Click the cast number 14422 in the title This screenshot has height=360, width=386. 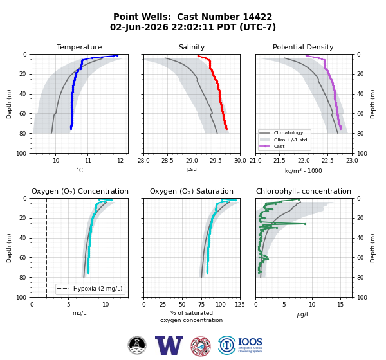tap(257, 17)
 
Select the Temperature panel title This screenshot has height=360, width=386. tap(79, 47)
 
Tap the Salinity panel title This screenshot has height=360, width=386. tap(192, 47)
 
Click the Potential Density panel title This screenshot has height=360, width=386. tap(303, 47)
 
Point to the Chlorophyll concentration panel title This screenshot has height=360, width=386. tap(303, 191)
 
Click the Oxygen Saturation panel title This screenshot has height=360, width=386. tap(192, 191)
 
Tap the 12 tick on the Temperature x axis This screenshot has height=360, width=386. tap(120, 161)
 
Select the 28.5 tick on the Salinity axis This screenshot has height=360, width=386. tap(167, 161)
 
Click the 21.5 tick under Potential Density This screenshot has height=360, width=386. tap(279, 161)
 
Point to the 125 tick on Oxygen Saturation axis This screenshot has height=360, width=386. tap(240, 305)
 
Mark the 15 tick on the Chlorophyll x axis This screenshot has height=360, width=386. tap(340, 305)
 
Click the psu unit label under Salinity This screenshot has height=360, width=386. tap(192, 169)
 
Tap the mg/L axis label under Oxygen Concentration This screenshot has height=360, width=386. tap(79, 313)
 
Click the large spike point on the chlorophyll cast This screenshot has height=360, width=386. tap(305, 224)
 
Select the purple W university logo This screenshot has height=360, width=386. tap(169, 345)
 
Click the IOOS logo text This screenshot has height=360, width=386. tap(250, 342)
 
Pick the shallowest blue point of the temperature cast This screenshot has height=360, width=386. tap(117, 55)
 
